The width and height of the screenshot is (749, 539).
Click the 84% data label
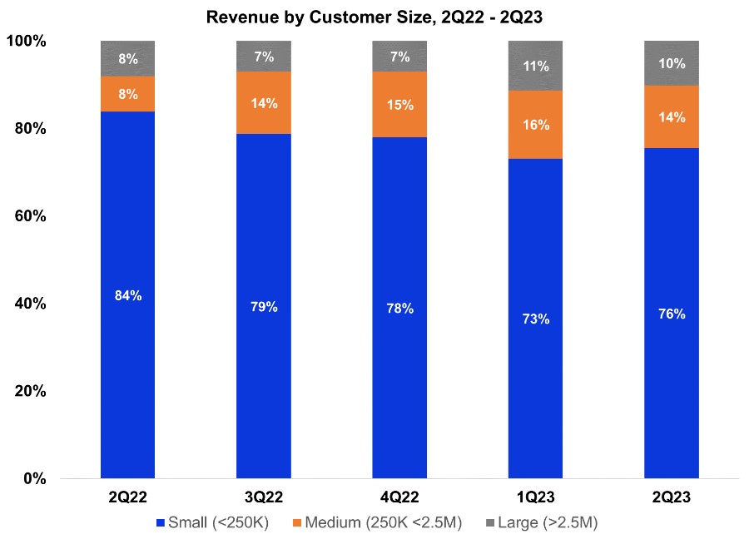tap(127, 295)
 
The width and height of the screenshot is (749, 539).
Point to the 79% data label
tap(263, 306)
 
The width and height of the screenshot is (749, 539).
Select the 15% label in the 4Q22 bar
tap(399, 106)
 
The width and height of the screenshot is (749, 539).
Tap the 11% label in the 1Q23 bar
tap(535, 67)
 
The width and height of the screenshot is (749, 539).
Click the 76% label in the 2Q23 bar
tap(672, 314)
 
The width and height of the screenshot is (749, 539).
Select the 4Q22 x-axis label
tap(399, 497)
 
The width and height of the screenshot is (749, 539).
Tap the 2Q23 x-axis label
tap(672, 497)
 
